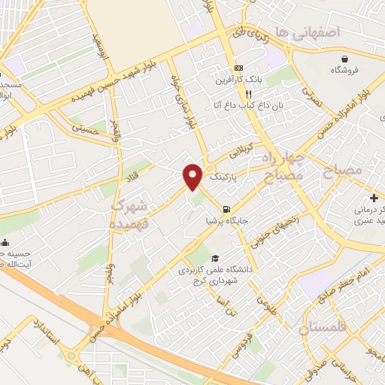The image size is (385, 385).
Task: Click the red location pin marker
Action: pos(193,177)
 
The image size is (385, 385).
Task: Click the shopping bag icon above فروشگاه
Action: pos(344,58)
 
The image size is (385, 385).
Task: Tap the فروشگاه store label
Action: pos(345,70)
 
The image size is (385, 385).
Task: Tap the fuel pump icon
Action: pos(226,208)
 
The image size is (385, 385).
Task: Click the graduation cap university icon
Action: pos(217,257)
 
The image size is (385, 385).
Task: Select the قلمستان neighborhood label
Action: pos(325,329)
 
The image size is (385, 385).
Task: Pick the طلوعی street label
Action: pos(264,304)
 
